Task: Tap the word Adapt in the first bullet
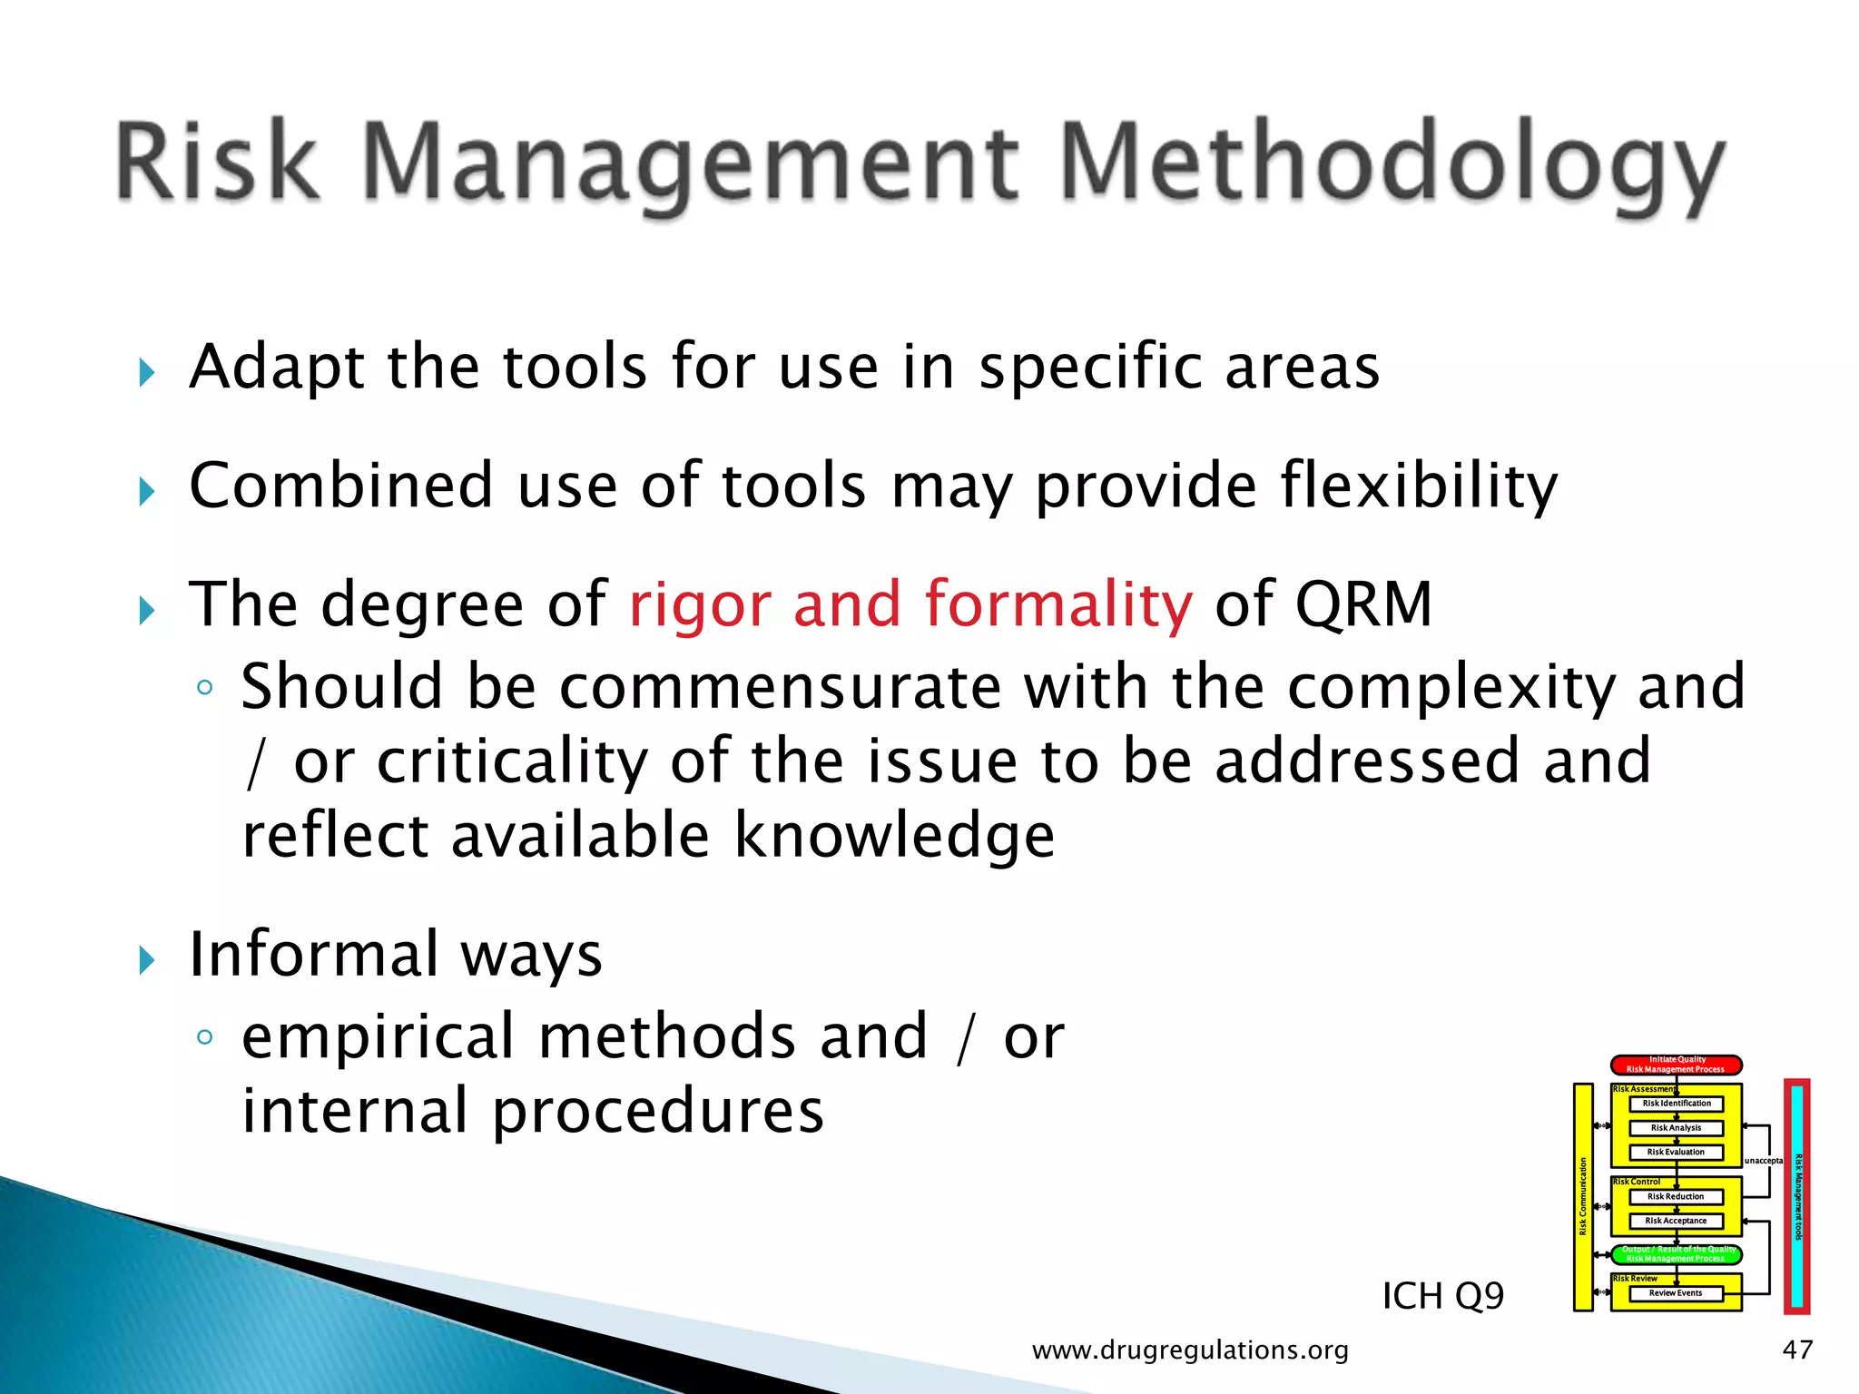click(276, 368)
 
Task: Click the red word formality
click(1057, 605)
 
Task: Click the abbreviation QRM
click(1363, 605)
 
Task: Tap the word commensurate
click(780, 687)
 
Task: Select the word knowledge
click(893, 836)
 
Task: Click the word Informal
click(313, 955)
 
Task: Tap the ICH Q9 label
click(1442, 1296)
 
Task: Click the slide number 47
click(1797, 1350)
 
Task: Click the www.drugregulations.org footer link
click(1190, 1350)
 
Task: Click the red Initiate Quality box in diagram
click(1676, 1065)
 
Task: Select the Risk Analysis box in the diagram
click(1676, 1128)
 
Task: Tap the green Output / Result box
click(1676, 1254)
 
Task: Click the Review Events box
click(1676, 1293)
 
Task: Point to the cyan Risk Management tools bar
click(1797, 1196)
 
